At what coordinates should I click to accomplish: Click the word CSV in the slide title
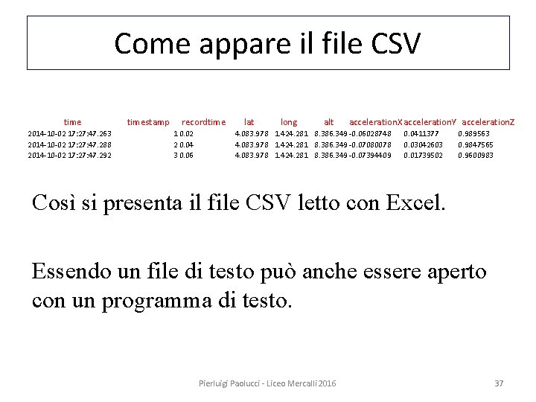(393, 43)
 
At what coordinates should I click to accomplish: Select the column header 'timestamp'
(148, 122)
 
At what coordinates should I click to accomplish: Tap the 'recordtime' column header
(203, 122)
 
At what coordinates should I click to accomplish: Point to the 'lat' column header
(249, 122)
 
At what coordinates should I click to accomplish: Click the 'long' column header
(289, 122)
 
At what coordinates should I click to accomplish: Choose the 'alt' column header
(329, 122)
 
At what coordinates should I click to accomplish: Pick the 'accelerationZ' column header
(488, 122)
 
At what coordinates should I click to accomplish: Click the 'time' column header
(73, 122)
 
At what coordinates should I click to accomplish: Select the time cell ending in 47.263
(70, 134)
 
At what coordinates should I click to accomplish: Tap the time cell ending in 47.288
(70, 144)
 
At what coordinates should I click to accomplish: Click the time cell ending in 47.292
(70, 155)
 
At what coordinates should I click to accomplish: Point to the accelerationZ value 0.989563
(474, 134)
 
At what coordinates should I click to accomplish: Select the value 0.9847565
(476, 144)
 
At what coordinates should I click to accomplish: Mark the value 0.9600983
(476, 155)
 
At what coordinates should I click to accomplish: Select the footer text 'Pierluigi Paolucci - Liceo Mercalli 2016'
(267, 383)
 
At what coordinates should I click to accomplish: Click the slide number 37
(500, 383)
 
